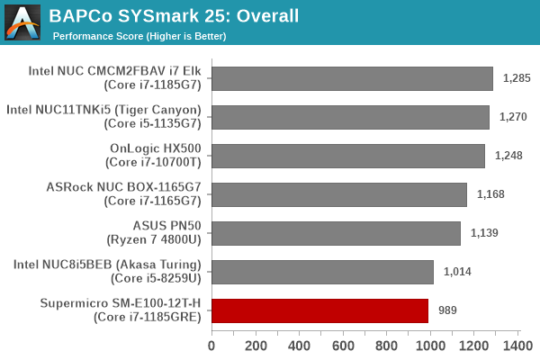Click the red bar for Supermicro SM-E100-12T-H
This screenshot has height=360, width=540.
[x=319, y=310]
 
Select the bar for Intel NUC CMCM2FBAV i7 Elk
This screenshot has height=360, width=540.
[x=352, y=78]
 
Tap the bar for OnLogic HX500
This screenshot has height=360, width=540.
[x=348, y=156]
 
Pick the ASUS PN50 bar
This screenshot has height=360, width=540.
[x=336, y=233]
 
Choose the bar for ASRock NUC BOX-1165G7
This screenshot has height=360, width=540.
[x=339, y=194]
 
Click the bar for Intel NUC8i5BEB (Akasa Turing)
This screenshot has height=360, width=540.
[x=322, y=272]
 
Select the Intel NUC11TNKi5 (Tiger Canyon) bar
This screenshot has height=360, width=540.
[x=350, y=117]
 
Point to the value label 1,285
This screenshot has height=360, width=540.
[x=516, y=79]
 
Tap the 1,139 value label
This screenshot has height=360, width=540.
[x=484, y=234]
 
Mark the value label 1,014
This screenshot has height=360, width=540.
[x=456, y=273]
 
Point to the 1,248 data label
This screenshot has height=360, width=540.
[x=508, y=157]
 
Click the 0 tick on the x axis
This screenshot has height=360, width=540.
[x=211, y=345]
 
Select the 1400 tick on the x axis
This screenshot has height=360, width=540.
[x=517, y=345]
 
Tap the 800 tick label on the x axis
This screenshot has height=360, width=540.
[x=386, y=345]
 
